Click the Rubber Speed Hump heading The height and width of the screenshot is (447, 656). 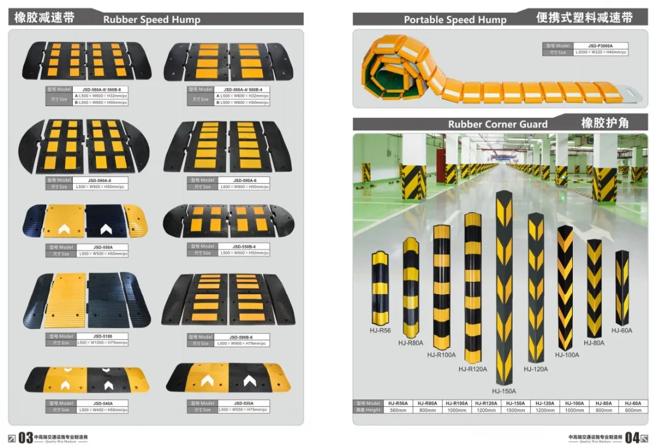pyautogui.click(x=151, y=19)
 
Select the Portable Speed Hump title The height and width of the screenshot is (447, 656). pyautogui.click(x=455, y=19)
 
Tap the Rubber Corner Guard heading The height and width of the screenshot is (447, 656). pyautogui.click(x=497, y=124)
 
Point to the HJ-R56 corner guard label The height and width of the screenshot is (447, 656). pyautogui.click(x=381, y=331)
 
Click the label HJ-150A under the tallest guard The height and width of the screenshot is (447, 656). pyautogui.click(x=504, y=391)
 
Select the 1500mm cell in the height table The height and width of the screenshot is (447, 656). pyautogui.click(x=516, y=411)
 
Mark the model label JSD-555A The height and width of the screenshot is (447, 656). pyautogui.click(x=243, y=403)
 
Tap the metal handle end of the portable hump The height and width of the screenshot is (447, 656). pyautogui.click(x=632, y=95)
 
